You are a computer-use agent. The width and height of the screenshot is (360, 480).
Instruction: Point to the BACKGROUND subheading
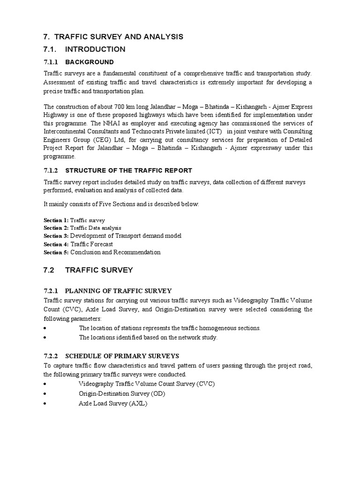coord(90,62)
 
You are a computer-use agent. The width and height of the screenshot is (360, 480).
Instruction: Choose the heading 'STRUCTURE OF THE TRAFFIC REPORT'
coord(128,170)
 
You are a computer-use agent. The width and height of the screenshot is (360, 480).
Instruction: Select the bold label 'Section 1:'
coord(56,220)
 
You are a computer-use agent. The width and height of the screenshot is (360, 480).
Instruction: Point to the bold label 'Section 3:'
coord(56,236)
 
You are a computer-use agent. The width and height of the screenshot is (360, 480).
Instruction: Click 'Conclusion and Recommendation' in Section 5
coord(115,252)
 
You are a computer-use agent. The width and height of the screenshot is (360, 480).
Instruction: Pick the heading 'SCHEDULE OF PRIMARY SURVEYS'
coord(122,356)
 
